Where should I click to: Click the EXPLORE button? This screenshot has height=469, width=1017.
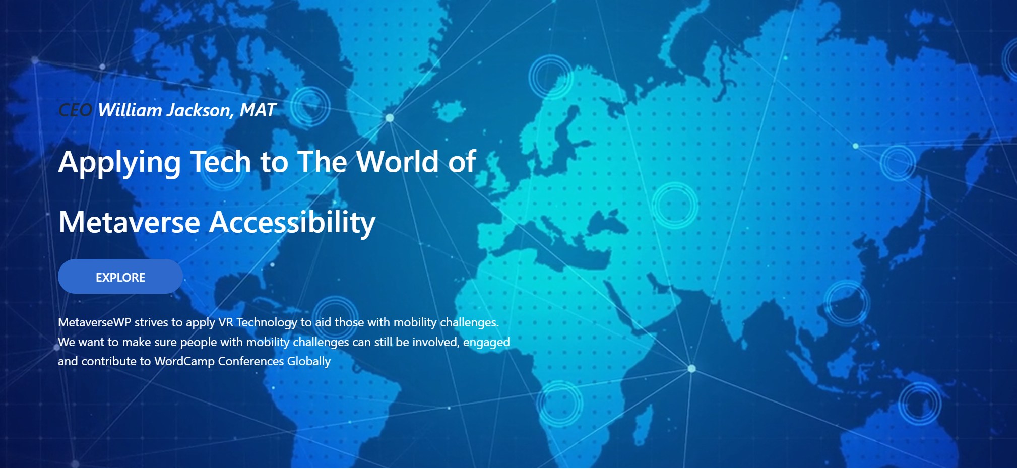click(x=120, y=277)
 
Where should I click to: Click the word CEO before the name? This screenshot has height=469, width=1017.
click(x=75, y=110)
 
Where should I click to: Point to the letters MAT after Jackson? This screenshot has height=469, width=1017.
click(x=258, y=110)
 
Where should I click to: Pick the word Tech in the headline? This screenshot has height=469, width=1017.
click(x=221, y=162)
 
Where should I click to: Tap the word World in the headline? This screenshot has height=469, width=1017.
click(x=398, y=162)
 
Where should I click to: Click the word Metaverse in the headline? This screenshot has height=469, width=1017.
click(x=130, y=223)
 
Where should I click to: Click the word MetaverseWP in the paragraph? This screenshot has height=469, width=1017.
click(x=95, y=322)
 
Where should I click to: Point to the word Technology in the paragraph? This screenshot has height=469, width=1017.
click(x=267, y=323)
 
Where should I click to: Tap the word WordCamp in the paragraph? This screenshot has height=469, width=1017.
click(x=184, y=362)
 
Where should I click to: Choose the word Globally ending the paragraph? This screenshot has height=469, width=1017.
click(x=309, y=362)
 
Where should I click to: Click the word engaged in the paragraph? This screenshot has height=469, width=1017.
click(x=486, y=343)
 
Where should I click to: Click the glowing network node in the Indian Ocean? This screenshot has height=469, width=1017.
click(x=692, y=369)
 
